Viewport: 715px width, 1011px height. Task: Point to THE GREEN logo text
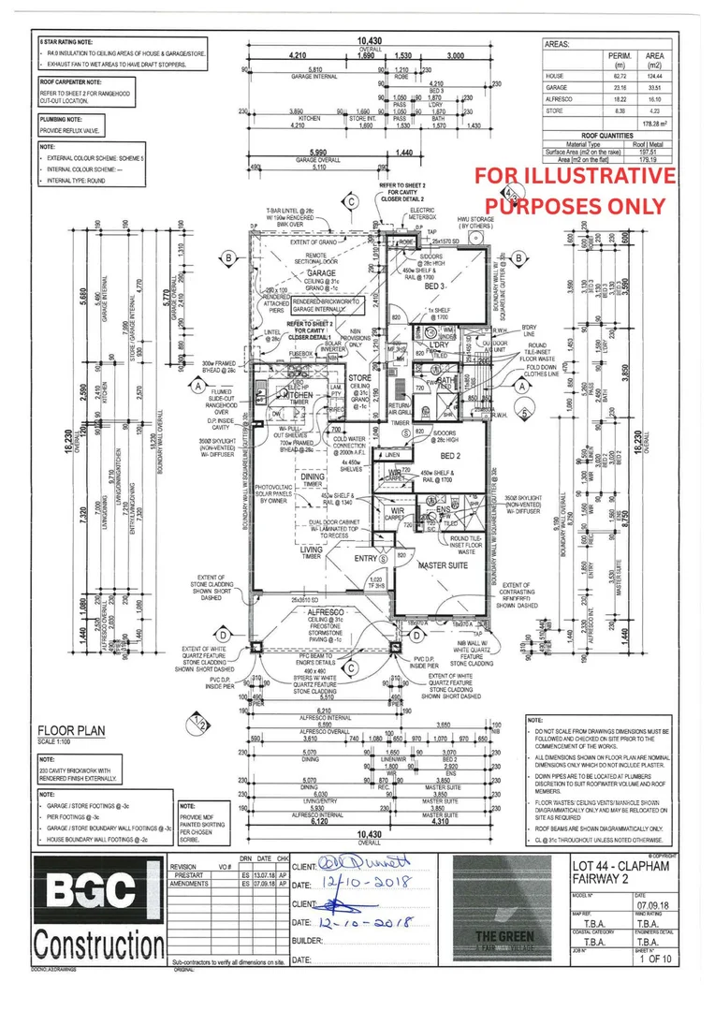pyautogui.click(x=506, y=935)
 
